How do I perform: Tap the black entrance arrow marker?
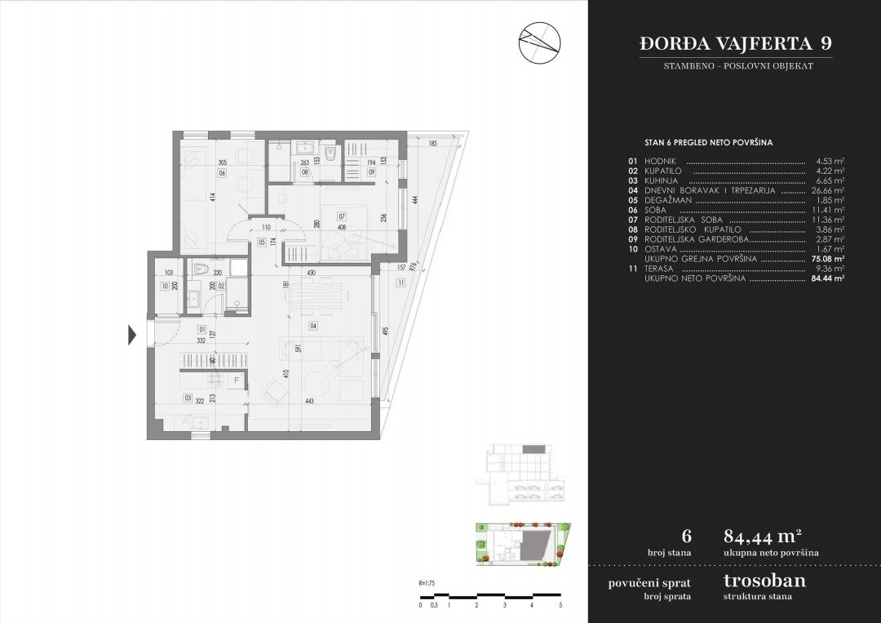[132, 334]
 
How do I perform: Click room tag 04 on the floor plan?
[312, 326]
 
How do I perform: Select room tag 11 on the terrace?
[401, 283]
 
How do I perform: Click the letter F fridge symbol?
[237, 380]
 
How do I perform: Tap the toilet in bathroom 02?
[201, 269]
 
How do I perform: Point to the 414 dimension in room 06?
[211, 197]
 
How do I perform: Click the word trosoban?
[764, 581]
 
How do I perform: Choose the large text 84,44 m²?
[762, 536]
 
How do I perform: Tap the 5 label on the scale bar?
[560, 605]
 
